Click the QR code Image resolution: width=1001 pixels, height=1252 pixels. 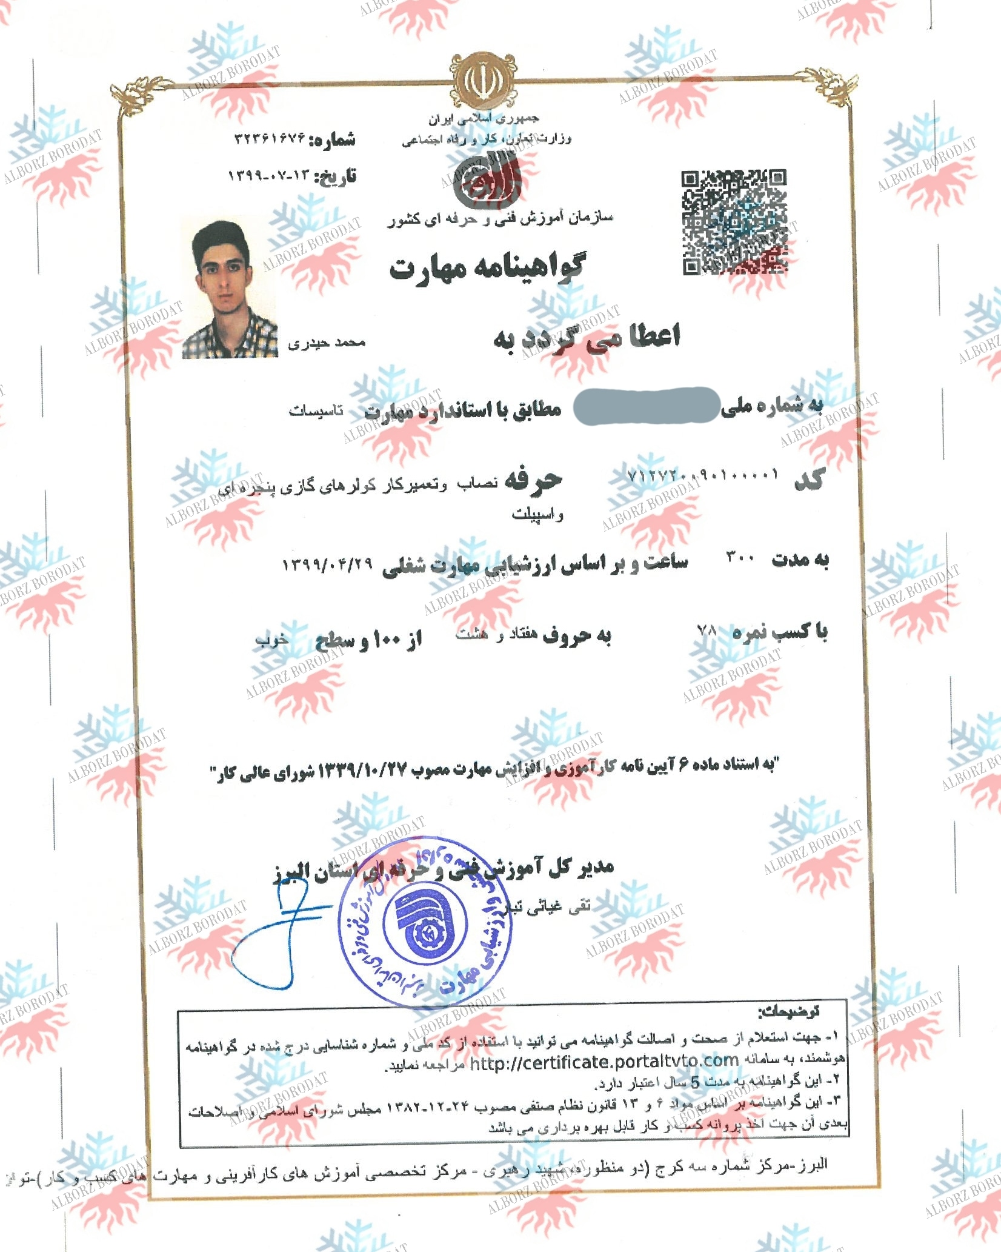click(735, 223)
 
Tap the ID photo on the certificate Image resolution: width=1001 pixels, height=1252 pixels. click(230, 289)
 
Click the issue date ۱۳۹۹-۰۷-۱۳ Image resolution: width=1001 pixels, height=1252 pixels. click(269, 176)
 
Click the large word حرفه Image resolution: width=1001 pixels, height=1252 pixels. click(534, 480)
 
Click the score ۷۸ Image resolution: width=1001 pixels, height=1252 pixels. click(707, 630)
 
